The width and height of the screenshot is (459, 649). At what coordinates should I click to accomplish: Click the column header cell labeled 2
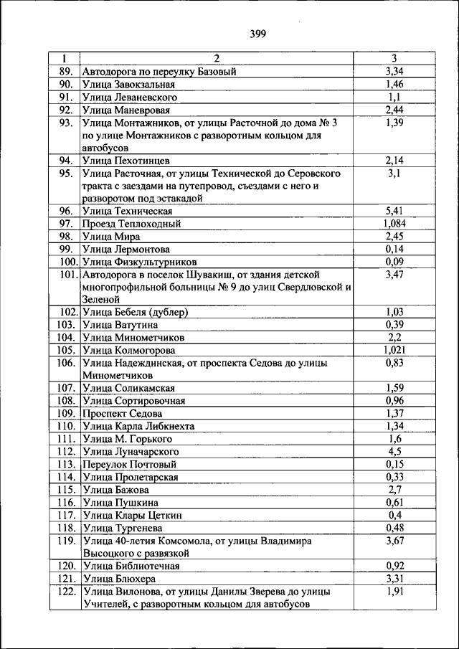[x=216, y=58]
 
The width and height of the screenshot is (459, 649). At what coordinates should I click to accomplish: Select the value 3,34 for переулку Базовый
[x=394, y=71]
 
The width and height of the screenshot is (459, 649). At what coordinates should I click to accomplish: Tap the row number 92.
[x=66, y=110]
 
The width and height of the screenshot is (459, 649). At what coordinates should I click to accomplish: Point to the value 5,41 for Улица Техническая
[x=394, y=211]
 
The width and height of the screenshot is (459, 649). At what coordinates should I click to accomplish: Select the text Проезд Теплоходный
[x=131, y=224]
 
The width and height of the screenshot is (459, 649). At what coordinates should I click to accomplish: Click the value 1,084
[x=394, y=224]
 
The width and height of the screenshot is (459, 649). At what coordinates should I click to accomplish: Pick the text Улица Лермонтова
[x=126, y=250]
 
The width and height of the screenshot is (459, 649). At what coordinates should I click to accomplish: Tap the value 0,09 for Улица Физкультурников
[x=394, y=262]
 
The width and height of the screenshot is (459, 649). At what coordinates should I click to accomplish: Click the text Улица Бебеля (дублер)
[x=135, y=312]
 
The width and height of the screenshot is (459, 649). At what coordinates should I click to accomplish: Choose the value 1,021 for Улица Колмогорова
[x=394, y=350]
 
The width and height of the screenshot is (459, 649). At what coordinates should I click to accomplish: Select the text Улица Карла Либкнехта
[x=138, y=426]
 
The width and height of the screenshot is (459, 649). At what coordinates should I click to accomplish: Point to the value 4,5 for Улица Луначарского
[x=394, y=452]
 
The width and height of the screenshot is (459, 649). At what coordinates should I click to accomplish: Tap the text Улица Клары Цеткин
[x=132, y=516]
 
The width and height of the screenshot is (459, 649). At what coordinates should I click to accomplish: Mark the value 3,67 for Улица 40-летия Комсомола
[x=394, y=541]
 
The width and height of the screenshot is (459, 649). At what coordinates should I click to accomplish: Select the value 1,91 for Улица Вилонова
[x=394, y=592]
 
